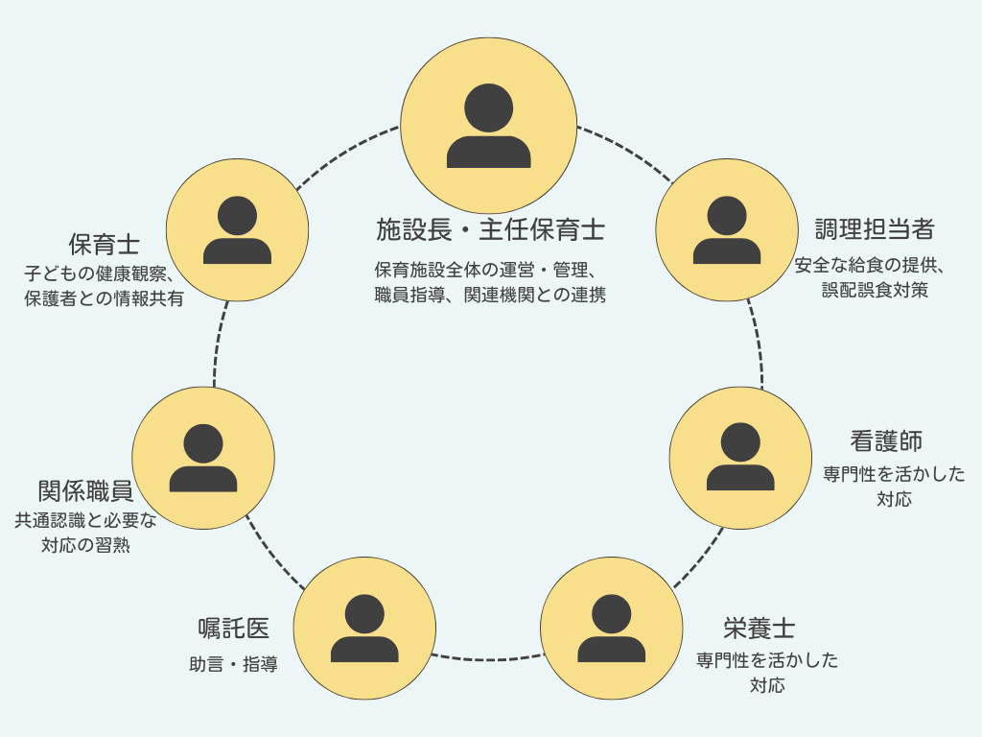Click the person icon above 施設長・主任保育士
coord(488,126)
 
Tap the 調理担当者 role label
coord(874,229)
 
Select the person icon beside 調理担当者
coord(727,230)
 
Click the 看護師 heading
coord(886,441)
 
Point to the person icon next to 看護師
coord(740,458)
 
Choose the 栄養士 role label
coord(759,629)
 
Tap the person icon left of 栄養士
coord(612,629)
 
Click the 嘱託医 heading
coord(233,629)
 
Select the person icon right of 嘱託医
coord(364,629)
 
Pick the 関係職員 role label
coord(85,491)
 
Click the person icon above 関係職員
coord(203,458)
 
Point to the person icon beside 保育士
coord(237,230)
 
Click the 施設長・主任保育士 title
coord(490,230)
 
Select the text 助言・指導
coord(233,664)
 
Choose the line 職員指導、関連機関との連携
coord(490,296)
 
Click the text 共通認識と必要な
coord(85,521)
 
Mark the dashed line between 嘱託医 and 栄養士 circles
coord(488,659)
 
